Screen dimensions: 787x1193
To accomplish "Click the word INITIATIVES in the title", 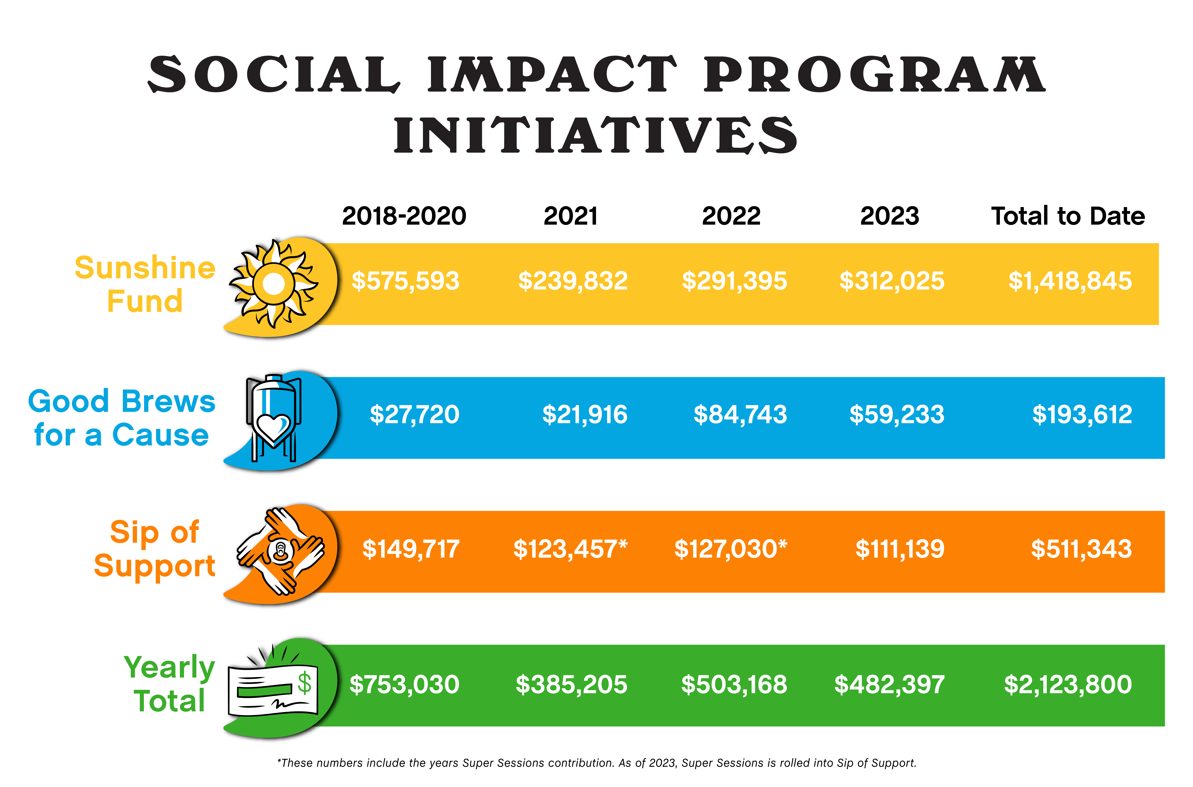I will coord(595,136).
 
